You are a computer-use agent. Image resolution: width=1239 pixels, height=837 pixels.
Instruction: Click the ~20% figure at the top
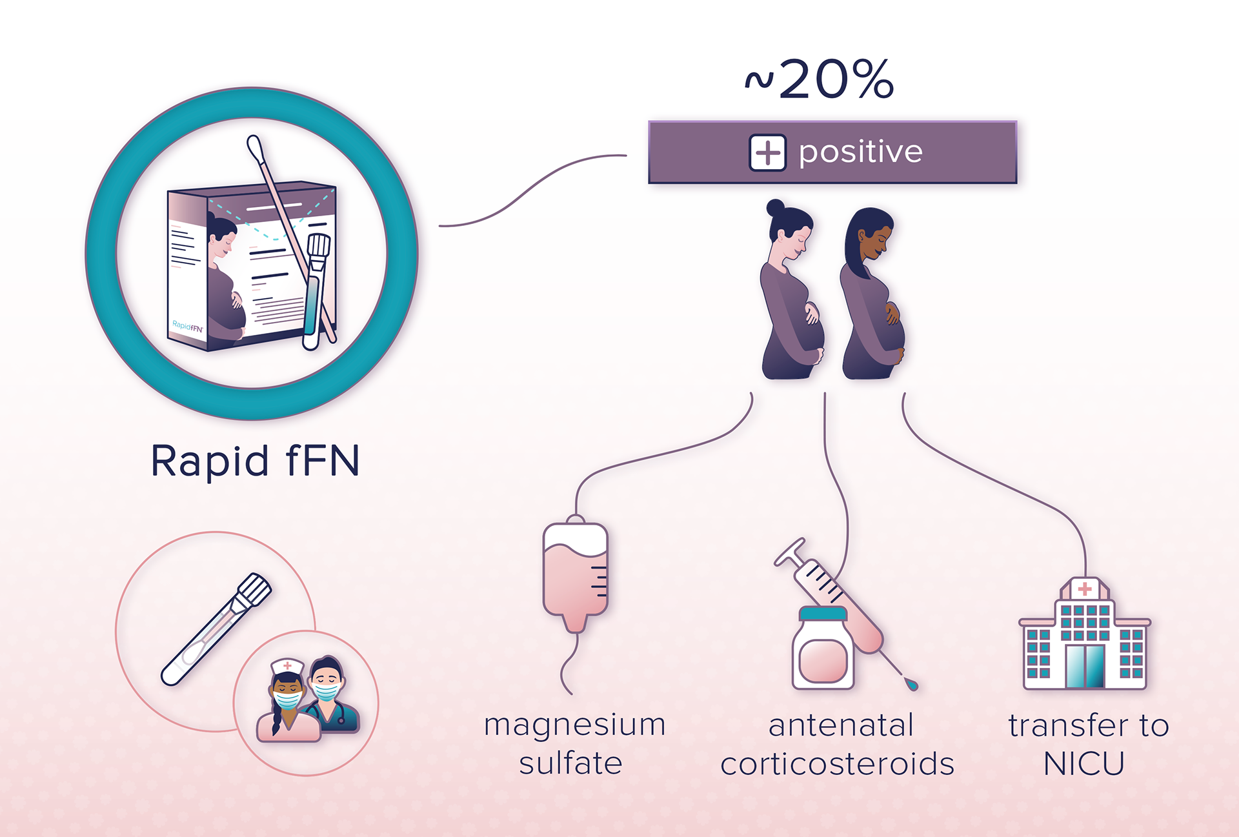coord(820,80)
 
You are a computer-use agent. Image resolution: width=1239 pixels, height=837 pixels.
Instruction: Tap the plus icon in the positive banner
coord(767,153)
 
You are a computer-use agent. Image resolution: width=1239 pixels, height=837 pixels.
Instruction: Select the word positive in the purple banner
coord(861,152)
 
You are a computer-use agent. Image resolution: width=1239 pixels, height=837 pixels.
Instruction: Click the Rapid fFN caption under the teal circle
coord(255,461)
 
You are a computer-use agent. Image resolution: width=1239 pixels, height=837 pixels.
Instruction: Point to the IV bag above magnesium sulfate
coord(576,574)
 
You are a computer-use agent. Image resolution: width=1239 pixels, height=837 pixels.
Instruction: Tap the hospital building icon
coord(1085,636)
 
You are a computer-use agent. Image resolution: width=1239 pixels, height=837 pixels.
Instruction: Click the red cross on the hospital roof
coord(1085,589)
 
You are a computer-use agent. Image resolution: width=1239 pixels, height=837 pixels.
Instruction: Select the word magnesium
coord(574,725)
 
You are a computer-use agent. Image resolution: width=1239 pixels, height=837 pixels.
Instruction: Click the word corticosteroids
coord(837,764)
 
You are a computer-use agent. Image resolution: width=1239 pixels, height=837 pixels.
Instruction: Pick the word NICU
coord(1084,764)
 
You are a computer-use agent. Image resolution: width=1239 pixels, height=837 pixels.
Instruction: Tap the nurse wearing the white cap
coord(287,700)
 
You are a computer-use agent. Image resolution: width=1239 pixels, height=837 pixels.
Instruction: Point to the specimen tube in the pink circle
coord(216,629)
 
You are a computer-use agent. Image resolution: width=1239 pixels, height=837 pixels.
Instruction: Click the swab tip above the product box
coord(254,146)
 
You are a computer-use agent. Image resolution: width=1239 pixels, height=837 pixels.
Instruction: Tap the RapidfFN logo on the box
coord(187,326)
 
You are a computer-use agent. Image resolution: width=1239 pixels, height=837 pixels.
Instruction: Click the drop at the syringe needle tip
coord(911,683)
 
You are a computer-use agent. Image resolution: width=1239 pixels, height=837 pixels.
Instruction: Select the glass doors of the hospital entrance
coord(1085,666)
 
